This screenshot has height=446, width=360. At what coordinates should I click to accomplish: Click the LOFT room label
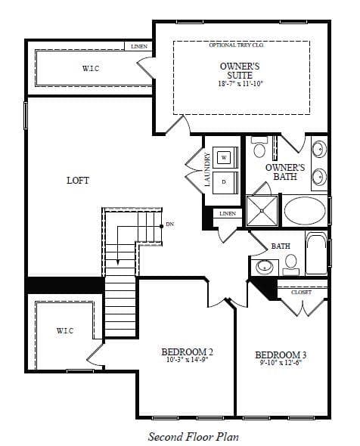pyautogui.click(x=78, y=181)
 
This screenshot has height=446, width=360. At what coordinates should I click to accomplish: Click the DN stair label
pyautogui.click(x=169, y=225)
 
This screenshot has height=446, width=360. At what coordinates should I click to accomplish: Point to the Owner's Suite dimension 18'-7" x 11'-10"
pyautogui.click(x=240, y=84)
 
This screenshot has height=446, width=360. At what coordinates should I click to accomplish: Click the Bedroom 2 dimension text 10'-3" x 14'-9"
pyautogui.click(x=188, y=360)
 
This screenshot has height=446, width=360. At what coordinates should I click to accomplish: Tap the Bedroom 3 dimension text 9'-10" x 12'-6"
pyautogui.click(x=281, y=362)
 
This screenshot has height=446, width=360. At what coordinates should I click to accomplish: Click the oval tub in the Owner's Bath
pyautogui.click(x=305, y=211)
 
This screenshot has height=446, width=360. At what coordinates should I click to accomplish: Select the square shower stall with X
pyautogui.click(x=262, y=211)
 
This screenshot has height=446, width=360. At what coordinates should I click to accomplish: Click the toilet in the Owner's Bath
pyautogui.click(x=259, y=147)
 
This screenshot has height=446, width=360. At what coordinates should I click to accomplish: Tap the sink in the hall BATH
pyautogui.click(x=265, y=268)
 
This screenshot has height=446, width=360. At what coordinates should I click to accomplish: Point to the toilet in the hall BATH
pyautogui.click(x=291, y=265)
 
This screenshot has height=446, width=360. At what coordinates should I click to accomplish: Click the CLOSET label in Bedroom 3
pyautogui.click(x=301, y=292)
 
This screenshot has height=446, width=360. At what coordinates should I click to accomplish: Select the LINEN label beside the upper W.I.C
pyautogui.click(x=139, y=46)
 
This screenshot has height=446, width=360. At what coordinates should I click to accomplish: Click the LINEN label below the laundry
pyautogui.click(x=228, y=213)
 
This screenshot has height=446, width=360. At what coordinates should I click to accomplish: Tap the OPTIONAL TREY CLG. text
pyautogui.click(x=236, y=45)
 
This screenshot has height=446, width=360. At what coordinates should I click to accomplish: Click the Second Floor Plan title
pyautogui.click(x=193, y=436)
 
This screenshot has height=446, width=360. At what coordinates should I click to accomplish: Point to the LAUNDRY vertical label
pyautogui.click(x=207, y=169)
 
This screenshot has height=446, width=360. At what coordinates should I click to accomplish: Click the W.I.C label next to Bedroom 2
pyautogui.click(x=65, y=331)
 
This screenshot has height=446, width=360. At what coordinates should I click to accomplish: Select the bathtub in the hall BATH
pyautogui.click(x=316, y=254)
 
